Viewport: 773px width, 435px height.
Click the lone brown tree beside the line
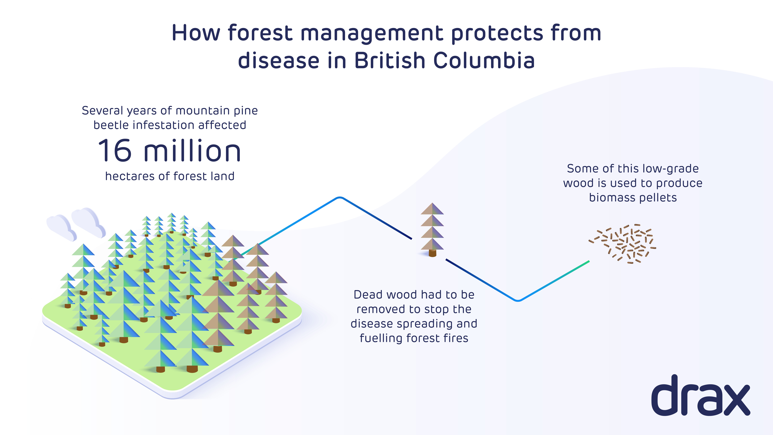pyautogui.click(x=432, y=230)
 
